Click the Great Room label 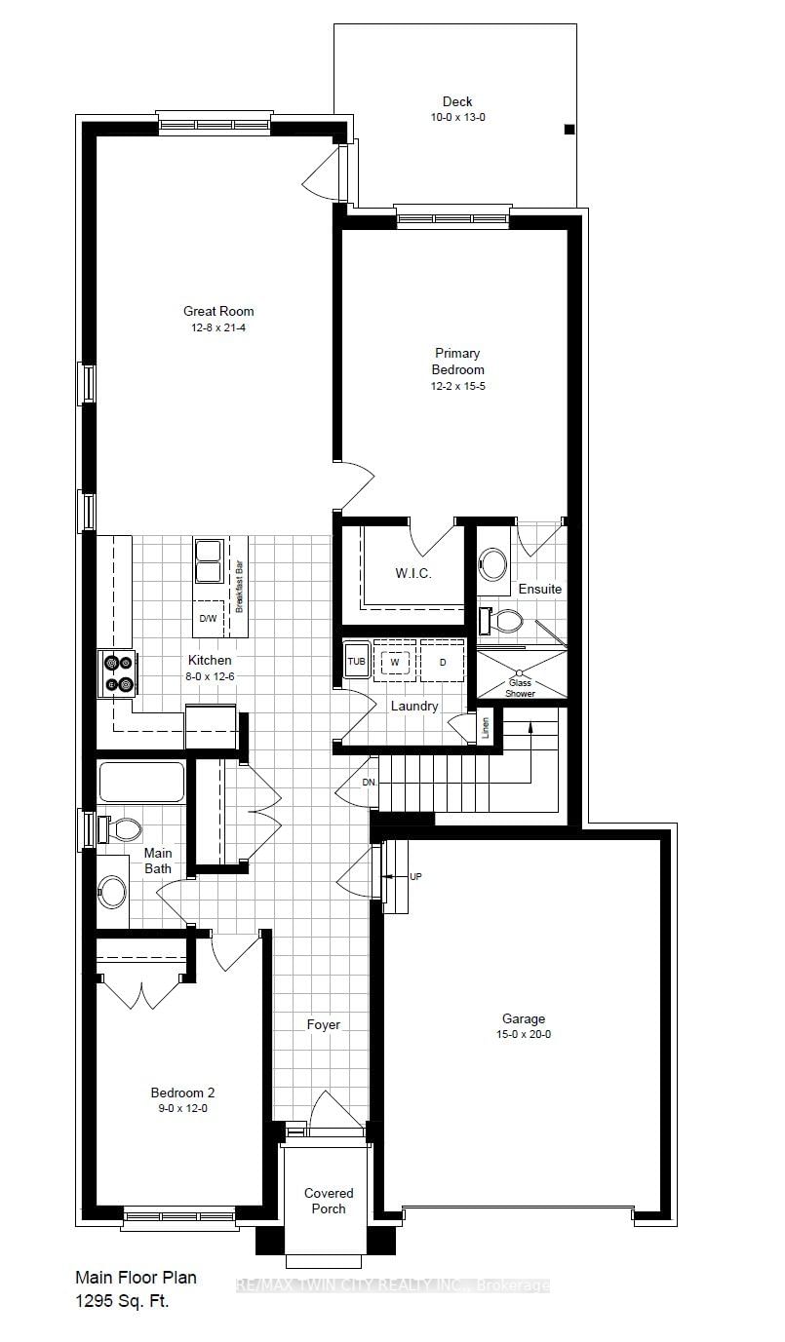(x=218, y=312)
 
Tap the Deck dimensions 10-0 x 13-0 (x=457, y=117)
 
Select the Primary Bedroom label (x=457, y=362)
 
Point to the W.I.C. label (x=413, y=574)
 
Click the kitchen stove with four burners (x=119, y=674)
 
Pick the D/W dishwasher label (x=208, y=619)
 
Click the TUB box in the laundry (x=357, y=662)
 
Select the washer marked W (x=395, y=662)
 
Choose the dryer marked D (x=442, y=662)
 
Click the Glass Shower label (x=520, y=688)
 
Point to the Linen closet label (x=486, y=727)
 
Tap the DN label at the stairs (x=369, y=783)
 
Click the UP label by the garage (x=415, y=877)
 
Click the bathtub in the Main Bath (x=141, y=782)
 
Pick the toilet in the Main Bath (x=120, y=829)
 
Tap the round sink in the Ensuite (x=493, y=564)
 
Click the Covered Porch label (x=329, y=1201)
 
